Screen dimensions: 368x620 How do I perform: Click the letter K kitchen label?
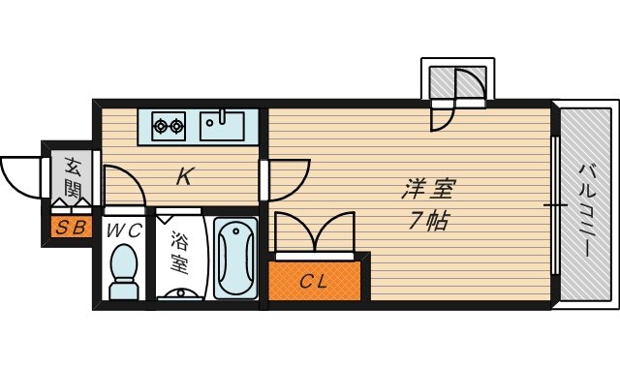(185, 176)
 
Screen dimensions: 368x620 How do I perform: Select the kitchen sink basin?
(223, 124)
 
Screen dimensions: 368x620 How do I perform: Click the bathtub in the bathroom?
(233, 259)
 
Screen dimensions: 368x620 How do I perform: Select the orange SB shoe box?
(69, 229)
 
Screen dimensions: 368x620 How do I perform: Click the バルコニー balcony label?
(585, 207)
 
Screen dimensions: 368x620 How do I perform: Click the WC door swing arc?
(125, 183)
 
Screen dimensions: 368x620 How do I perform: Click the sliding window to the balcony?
(555, 205)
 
